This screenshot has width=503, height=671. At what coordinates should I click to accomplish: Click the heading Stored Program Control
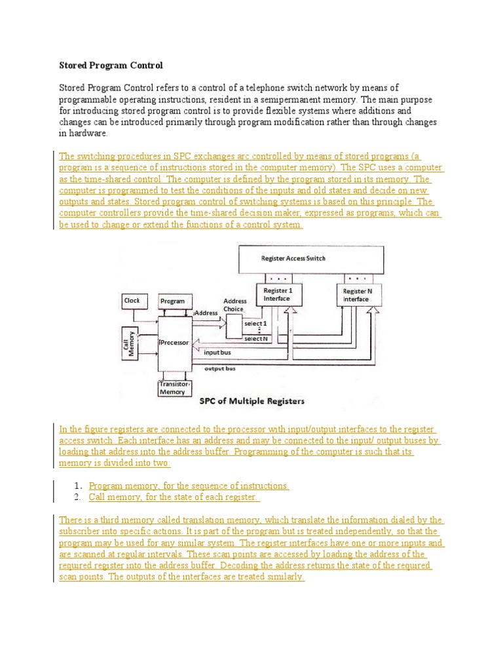point(111,66)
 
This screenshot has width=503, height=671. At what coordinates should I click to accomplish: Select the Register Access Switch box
point(293,258)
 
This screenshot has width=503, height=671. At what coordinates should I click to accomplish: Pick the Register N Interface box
point(356,295)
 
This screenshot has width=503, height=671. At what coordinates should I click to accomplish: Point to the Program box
point(173,301)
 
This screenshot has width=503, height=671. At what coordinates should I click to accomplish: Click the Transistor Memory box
point(173,389)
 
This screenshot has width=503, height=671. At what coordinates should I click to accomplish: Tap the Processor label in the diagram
point(174,342)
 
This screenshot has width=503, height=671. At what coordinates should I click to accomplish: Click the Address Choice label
point(235,305)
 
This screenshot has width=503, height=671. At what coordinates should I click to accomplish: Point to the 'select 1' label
point(255,324)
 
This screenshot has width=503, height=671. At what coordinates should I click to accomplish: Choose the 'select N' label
point(255,339)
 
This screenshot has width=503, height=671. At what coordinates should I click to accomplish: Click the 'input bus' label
point(217,353)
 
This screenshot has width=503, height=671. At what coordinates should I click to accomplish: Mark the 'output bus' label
point(219,369)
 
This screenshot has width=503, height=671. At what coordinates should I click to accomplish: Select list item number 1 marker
point(77,486)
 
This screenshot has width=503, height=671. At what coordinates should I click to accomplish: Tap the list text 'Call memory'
point(115,497)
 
